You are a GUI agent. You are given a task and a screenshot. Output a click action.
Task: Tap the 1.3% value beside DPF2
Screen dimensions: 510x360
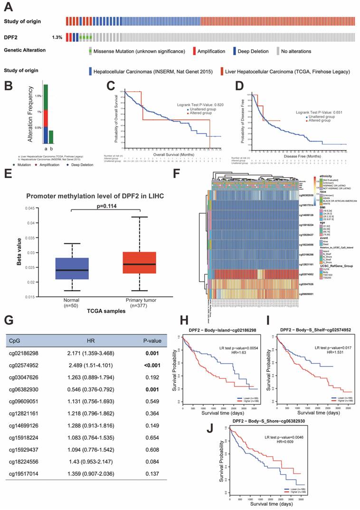(x=57, y=37)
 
